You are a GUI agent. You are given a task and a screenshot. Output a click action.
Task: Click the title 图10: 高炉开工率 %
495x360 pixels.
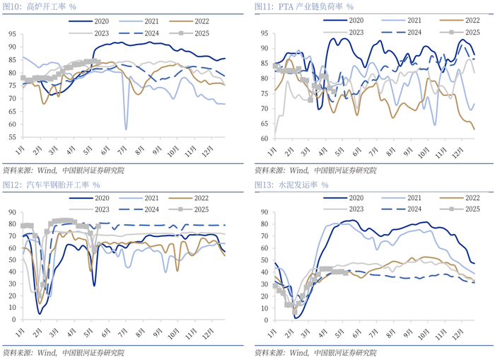tap(40, 6)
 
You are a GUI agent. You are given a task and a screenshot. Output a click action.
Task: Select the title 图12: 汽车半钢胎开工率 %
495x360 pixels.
tap(51, 185)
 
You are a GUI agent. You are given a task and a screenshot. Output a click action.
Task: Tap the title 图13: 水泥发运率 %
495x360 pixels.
tap(291, 185)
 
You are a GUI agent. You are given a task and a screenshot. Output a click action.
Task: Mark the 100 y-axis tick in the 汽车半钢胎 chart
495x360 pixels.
tap(10, 211)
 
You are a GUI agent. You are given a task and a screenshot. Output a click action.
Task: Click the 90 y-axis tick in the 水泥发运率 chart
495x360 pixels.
tap(263, 211)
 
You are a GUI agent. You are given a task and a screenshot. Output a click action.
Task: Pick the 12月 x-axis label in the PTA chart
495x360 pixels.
tap(458, 151)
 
